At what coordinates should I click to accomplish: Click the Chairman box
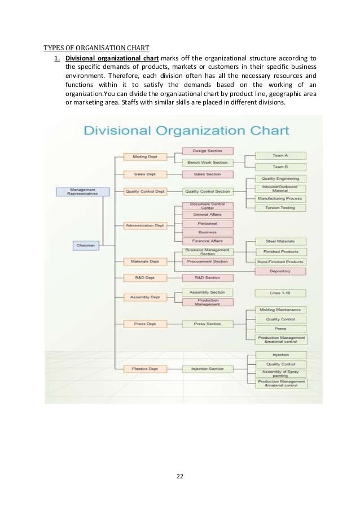pyautogui.click(x=86, y=245)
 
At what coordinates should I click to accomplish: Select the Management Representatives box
pyautogui.click(x=82, y=191)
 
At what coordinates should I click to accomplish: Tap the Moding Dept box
pyautogui.click(x=144, y=156)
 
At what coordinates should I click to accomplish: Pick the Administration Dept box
pyautogui.click(x=144, y=225)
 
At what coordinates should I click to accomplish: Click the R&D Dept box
pyautogui.click(x=144, y=278)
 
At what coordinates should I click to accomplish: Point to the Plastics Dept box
pyautogui.click(x=144, y=369)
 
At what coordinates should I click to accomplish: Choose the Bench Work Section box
pyautogui.click(x=207, y=162)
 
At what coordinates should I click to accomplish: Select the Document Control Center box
pyautogui.click(x=207, y=206)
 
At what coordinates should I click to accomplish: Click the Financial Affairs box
pyautogui.click(x=207, y=241)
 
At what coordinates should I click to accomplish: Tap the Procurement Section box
pyautogui.click(x=207, y=261)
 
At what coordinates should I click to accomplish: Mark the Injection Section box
pyautogui.click(x=207, y=369)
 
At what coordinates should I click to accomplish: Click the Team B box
pyautogui.click(x=280, y=167)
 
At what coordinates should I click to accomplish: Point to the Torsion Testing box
pyautogui.click(x=280, y=208)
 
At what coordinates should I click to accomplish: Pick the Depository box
pyautogui.click(x=280, y=272)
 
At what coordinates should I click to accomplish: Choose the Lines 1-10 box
pyautogui.click(x=280, y=293)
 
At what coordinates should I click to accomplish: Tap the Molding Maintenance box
pyautogui.click(x=280, y=310)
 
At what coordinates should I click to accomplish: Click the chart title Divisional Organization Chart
pyautogui.click(x=186, y=131)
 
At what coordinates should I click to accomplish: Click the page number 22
pyautogui.click(x=180, y=476)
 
